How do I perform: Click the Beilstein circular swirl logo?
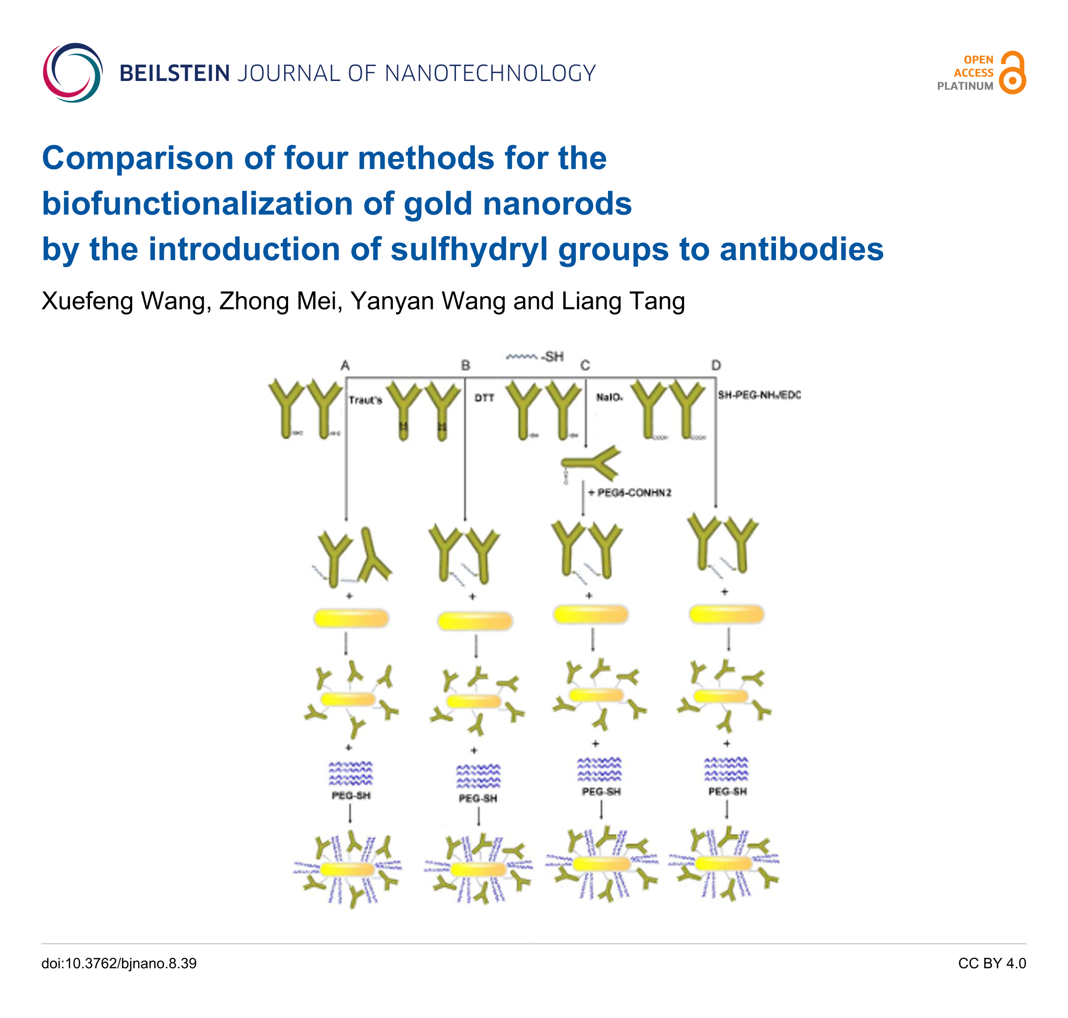tap(73, 73)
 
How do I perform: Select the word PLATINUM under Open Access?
tap(965, 86)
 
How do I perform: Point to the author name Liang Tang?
tap(623, 301)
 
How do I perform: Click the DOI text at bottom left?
tap(119, 963)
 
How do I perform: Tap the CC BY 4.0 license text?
tap(992, 963)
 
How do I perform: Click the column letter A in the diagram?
tap(345, 366)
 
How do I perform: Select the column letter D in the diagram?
tap(716, 365)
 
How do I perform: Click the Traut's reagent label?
tap(365, 400)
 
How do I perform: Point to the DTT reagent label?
tap(484, 398)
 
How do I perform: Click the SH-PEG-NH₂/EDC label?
tap(759, 395)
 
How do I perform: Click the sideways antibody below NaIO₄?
tap(592, 463)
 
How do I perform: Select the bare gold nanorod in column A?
tap(351, 618)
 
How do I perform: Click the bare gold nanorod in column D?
tap(726, 614)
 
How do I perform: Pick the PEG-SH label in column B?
tap(477, 798)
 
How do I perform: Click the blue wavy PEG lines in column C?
tap(599, 770)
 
